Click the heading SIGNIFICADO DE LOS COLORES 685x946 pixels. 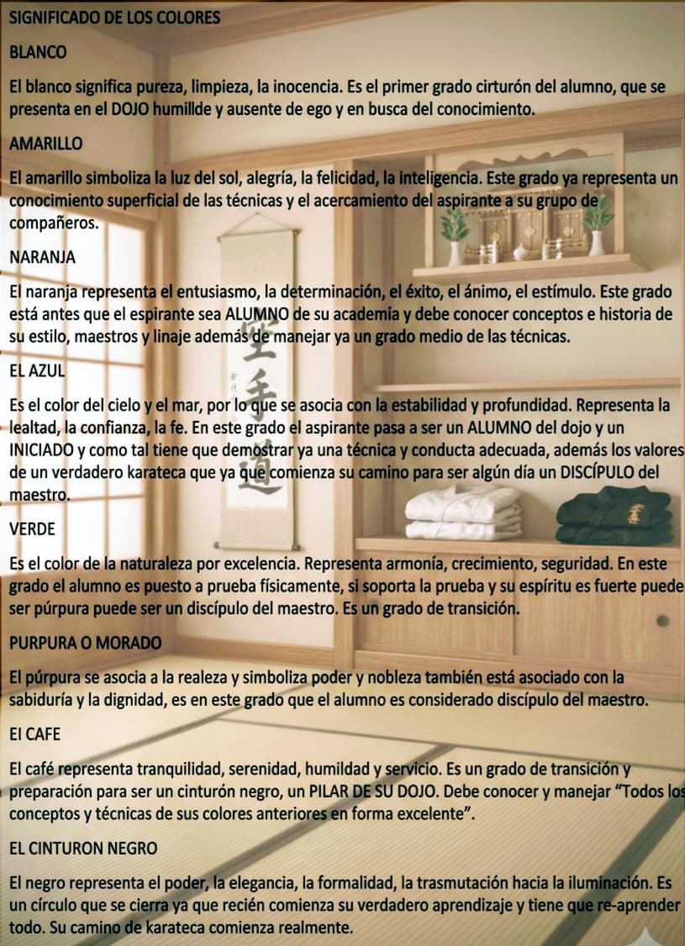pyautogui.click(x=114, y=17)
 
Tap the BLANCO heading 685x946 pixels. pyautogui.click(x=38, y=52)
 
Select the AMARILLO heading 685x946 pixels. pyautogui.click(x=46, y=143)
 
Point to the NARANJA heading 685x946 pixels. pyautogui.click(x=42, y=258)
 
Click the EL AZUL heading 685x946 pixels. pyautogui.click(x=37, y=370)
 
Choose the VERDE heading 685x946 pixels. pyautogui.click(x=33, y=528)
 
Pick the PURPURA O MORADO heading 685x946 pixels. pyautogui.click(x=85, y=643)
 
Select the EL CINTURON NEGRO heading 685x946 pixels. pyautogui.click(x=83, y=849)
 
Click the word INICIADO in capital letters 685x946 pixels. pyautogui.click(x=43, y=450)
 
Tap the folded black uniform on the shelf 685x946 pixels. pyautogui.click(x=614, y=514)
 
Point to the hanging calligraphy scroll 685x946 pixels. pyautogui.click(x=260, y=336)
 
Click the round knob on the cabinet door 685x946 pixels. pyautogui.click(x=662, y=621)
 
